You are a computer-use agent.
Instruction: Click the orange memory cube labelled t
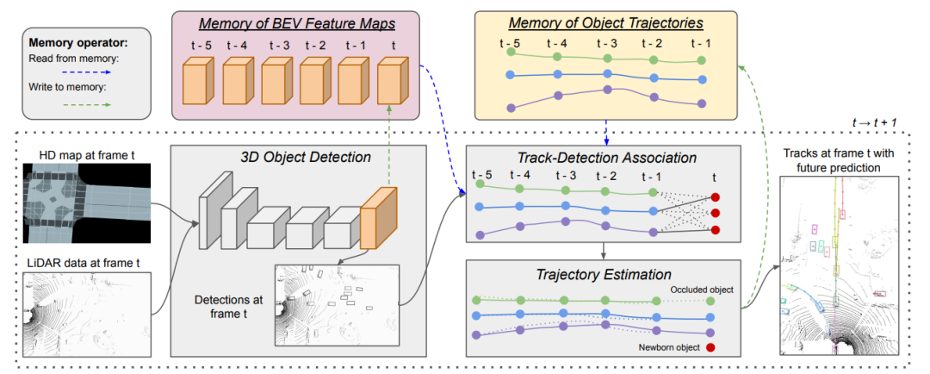point(392,83)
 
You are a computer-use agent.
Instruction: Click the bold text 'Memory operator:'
point(66,41)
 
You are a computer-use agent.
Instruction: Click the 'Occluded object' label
point(701,290)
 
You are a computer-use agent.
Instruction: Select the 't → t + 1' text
point(874,124)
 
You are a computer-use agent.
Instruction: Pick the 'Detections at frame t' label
point(228,307)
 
